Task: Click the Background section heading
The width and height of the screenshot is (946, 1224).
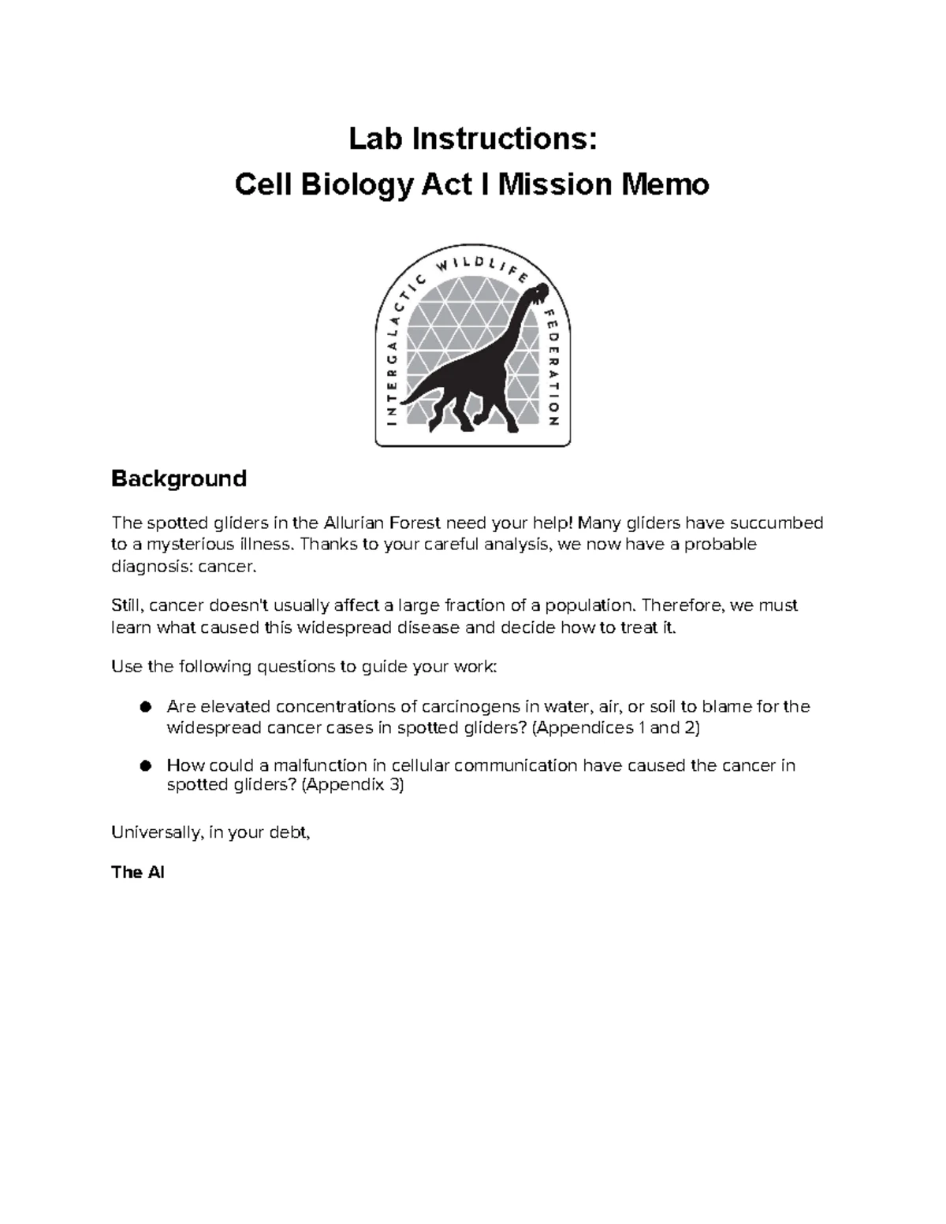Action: pyautogui.click(x=179, y=478)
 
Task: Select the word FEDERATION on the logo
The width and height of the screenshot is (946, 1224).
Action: pyautogui.click(x=551, y=367)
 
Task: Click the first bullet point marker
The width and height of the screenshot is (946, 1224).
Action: pyautogui.click(x=144, y=707)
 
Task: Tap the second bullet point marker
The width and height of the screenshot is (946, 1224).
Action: pyautogui.click(x=144, y=765)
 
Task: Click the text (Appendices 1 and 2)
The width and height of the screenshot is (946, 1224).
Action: pyautogui.click(x=616, y=727)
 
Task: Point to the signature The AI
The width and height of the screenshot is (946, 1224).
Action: pyautogui.click(x=138, y=872)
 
